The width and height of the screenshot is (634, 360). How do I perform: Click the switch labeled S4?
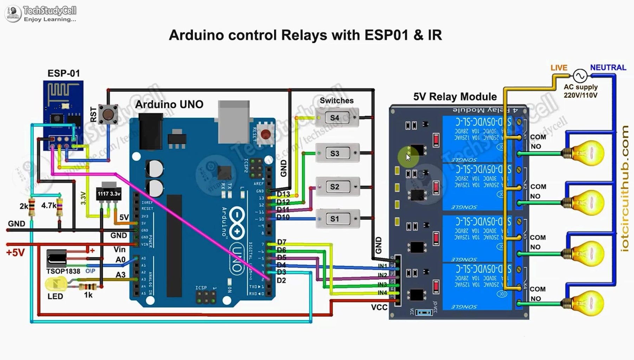tap(337, 118)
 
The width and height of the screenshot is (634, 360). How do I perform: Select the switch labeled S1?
tap(337, 219)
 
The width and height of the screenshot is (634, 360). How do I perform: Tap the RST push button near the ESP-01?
tap(108, 114)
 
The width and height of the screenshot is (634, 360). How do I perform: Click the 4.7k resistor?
tap(60, 207)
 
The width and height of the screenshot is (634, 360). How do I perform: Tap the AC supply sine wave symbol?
tap(580, 76)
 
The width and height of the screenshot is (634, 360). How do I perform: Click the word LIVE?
tap(559, 67)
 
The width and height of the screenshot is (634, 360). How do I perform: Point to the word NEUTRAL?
tap(608, 67)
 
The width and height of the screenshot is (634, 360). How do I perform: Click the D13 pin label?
tap(283, 194)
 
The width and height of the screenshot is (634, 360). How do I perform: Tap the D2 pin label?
tap(281, 280)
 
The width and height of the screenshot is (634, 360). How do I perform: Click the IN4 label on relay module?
tap(382, 292)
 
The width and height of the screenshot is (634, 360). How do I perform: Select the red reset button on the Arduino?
tap(266, 134)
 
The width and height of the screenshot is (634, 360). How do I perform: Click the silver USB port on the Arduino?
tap(234, 121)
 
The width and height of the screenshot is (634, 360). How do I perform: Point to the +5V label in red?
tap(15, 252)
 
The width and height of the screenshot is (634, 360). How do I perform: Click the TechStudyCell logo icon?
tap(13, 13)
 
